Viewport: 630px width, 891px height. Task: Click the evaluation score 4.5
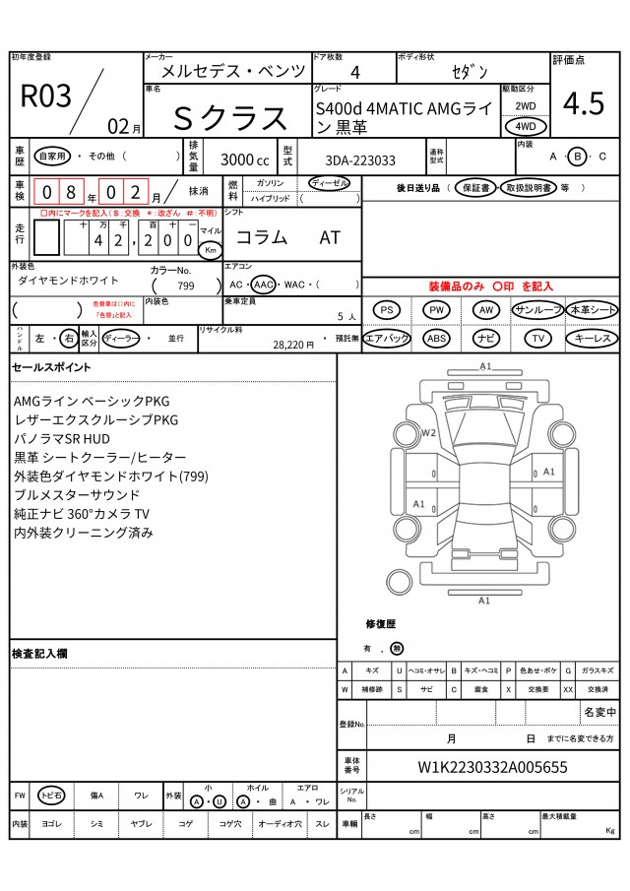(x=584, y=102)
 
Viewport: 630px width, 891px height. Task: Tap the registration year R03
(x=46, y=95)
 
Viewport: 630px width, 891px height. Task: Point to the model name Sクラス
(x=231, y=118)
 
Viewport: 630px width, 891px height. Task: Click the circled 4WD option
(x=526, y=126)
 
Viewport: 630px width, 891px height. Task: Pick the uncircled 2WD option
(x=526, y=104)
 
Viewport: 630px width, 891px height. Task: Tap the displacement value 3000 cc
(x=244, y=159)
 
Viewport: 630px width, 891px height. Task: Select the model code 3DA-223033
(x=360, y=159)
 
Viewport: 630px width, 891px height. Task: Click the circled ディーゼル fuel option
(x=329, y=183)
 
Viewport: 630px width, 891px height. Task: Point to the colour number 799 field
(x=185, y=286)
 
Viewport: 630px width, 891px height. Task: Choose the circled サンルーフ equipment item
(x=537, y=310)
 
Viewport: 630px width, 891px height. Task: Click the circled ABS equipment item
(x=437, y=338)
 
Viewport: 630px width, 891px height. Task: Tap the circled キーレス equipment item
(x=593, y=338)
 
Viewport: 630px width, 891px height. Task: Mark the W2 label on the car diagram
(x=428, y=431)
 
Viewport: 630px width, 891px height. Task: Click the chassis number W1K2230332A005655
(x=492, y=767)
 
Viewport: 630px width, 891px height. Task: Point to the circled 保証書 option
(x=474, y=187)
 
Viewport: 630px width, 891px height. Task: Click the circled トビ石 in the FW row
(x=51, y=795)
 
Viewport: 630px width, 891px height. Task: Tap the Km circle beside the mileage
(x=211, y=249)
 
